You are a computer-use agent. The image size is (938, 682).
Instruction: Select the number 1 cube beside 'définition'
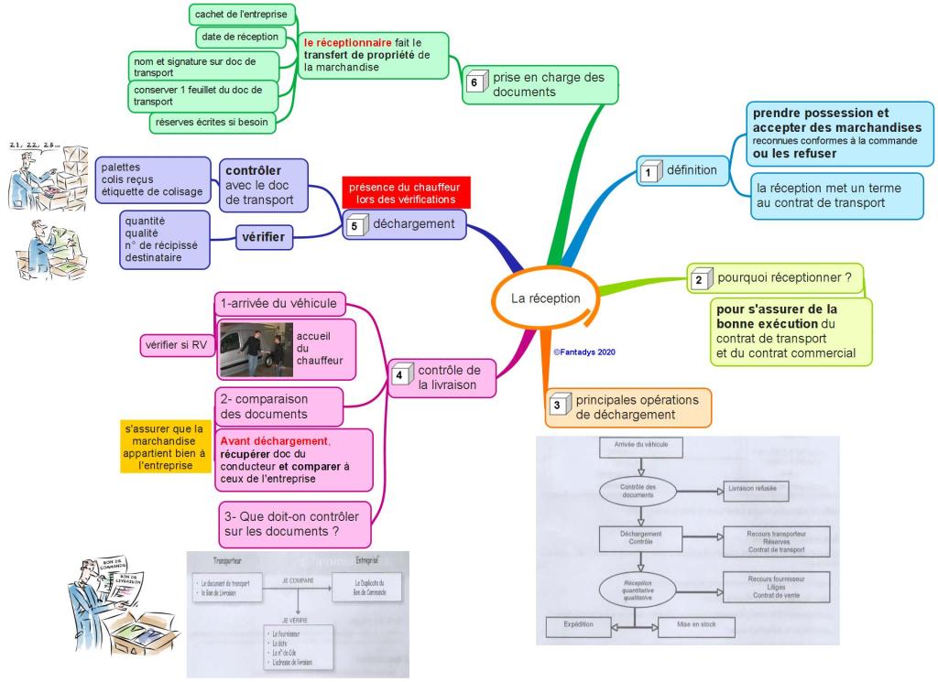tap(649, 170)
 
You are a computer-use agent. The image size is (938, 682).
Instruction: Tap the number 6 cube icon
tap(474, 82)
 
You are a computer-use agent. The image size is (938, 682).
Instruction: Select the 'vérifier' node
tap(263, 238)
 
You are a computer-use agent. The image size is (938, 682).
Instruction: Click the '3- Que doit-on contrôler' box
tap(295, 523)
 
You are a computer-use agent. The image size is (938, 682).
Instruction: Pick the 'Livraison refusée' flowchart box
tap(753, 489)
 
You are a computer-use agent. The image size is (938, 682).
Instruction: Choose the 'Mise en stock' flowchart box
tap(697, 627)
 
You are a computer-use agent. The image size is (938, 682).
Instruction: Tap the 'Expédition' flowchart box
tap(579, 627)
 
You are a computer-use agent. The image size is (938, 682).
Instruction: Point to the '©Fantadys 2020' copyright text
tap(584, 351)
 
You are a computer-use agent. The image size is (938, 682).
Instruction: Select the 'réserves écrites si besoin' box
tap(212, 121)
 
